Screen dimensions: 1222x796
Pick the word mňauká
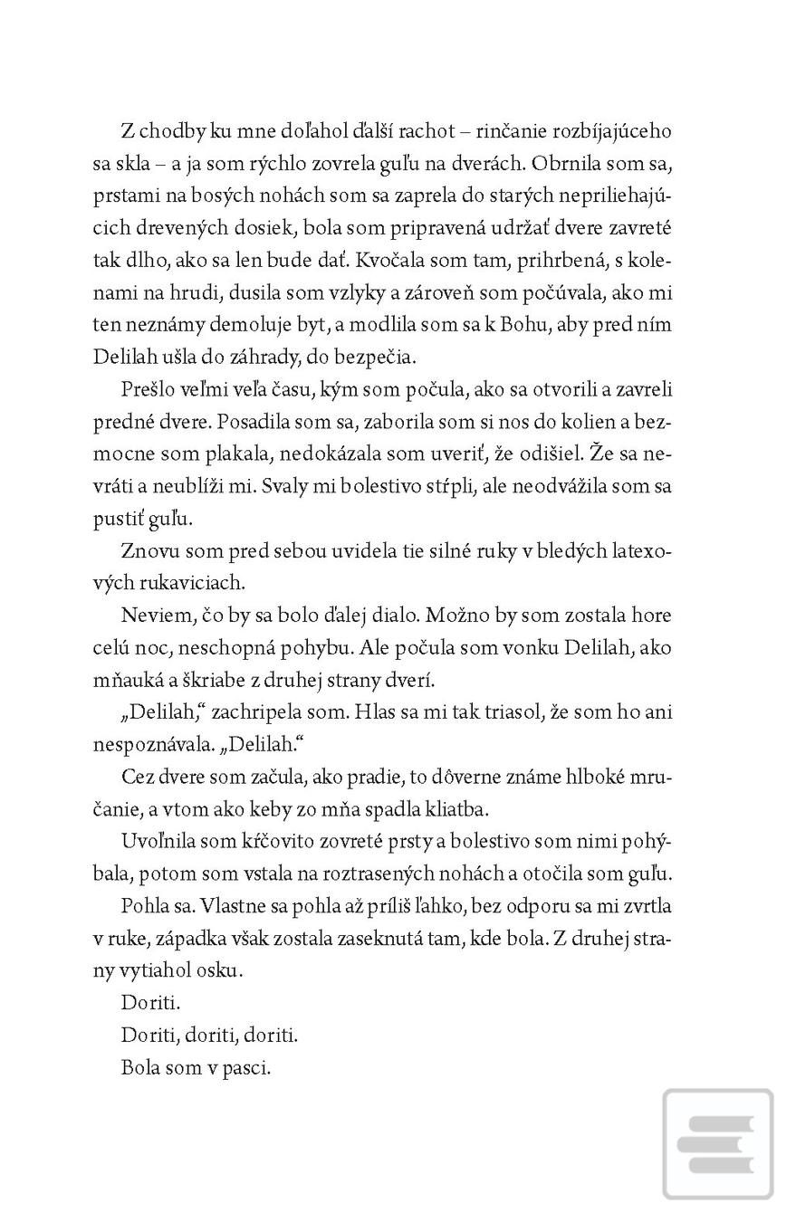pos(129,680)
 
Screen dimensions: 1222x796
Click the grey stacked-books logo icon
pos(717,1144)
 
